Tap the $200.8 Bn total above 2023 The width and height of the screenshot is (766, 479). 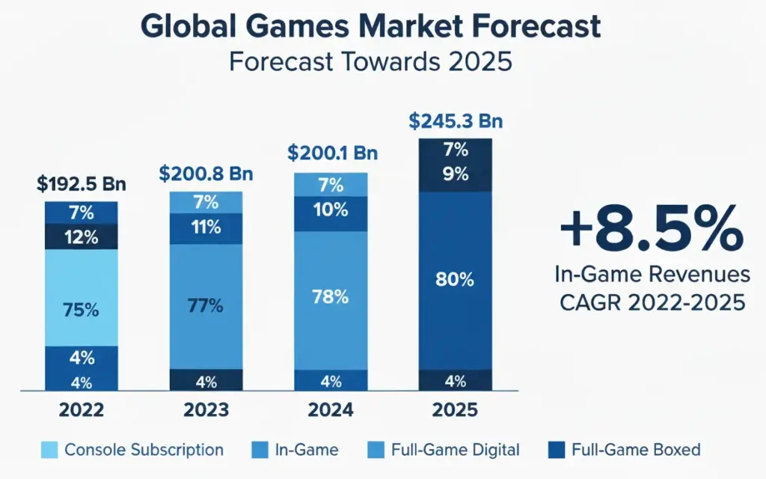tap(206, 174)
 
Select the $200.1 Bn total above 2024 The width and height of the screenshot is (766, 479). tap(331, 153)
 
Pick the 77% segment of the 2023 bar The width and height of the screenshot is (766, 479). tap(206, 306)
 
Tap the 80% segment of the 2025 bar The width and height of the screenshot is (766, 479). tap(455, 281)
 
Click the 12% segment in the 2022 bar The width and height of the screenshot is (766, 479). tap(81, 237)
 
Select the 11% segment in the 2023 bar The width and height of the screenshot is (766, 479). tap(206, 228)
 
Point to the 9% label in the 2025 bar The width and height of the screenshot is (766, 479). tap(455, 174)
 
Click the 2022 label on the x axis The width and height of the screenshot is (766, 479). tap(81, 410)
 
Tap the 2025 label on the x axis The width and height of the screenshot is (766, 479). tap(455, 410)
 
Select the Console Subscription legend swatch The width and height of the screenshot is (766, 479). tap(47, 451)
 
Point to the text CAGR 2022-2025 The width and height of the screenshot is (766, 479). tap(650, 304)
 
